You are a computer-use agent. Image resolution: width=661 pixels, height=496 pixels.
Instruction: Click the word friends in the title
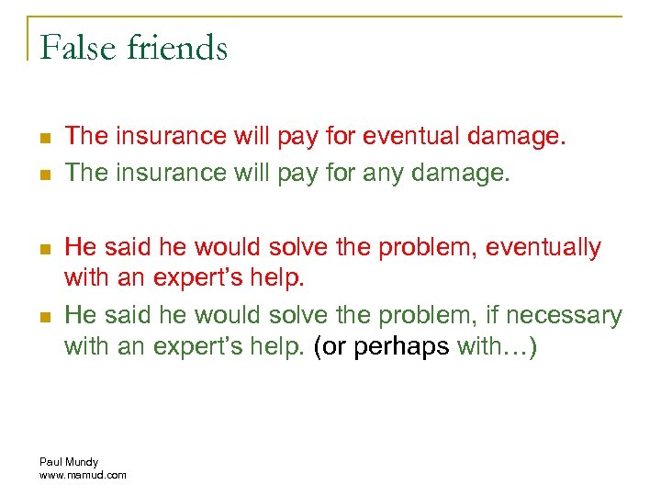[179, 47]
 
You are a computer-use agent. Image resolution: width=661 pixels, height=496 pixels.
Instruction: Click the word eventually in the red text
[543, 247]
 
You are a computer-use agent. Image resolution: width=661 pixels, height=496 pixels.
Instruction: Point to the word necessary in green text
[563, 316]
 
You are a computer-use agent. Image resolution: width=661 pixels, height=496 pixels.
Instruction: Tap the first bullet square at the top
[43, 138]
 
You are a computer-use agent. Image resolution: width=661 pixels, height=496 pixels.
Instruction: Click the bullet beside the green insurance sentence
[43, 174]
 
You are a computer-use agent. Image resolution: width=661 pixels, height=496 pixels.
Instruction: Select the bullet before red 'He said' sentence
[43, 248]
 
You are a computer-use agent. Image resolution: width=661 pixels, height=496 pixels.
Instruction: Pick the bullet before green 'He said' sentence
[43, 317]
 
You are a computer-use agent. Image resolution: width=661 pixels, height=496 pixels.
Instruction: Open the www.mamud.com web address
[84, 474]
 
